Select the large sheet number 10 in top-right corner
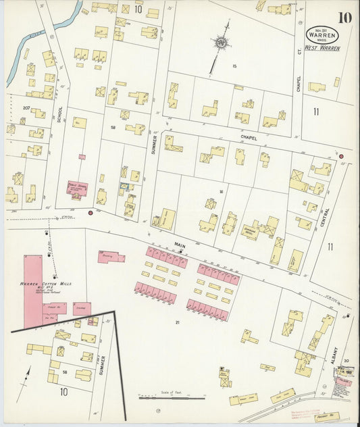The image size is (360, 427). (x=344, y=17)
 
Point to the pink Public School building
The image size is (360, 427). (x=77, y=189)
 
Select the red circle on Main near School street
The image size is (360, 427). (x=91, y=213)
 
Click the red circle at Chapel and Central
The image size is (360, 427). (x=341, y=157)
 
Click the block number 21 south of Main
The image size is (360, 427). (x=177, y=322)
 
